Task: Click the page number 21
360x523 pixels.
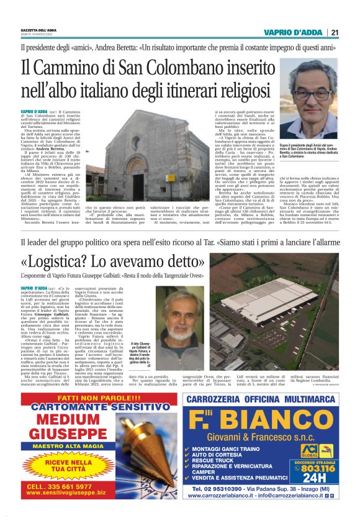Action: pos(335,33)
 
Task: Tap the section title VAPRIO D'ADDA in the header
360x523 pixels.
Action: pos(294,33)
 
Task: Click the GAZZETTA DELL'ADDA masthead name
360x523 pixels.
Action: pos(38,30)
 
